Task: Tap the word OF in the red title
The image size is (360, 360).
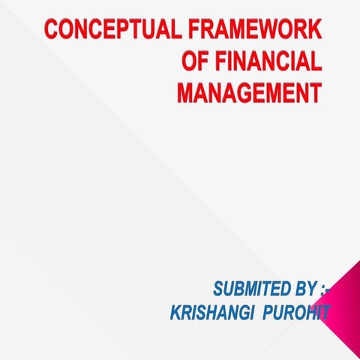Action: click(197, 62)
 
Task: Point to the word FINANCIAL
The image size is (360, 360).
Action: click(269, 62)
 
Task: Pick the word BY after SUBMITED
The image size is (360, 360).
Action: click(295, 289)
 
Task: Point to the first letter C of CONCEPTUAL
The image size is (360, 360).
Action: click(52, 31)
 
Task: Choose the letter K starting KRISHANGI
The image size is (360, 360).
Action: click(175, 313)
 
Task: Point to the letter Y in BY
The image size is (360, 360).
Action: click(302, 289)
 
